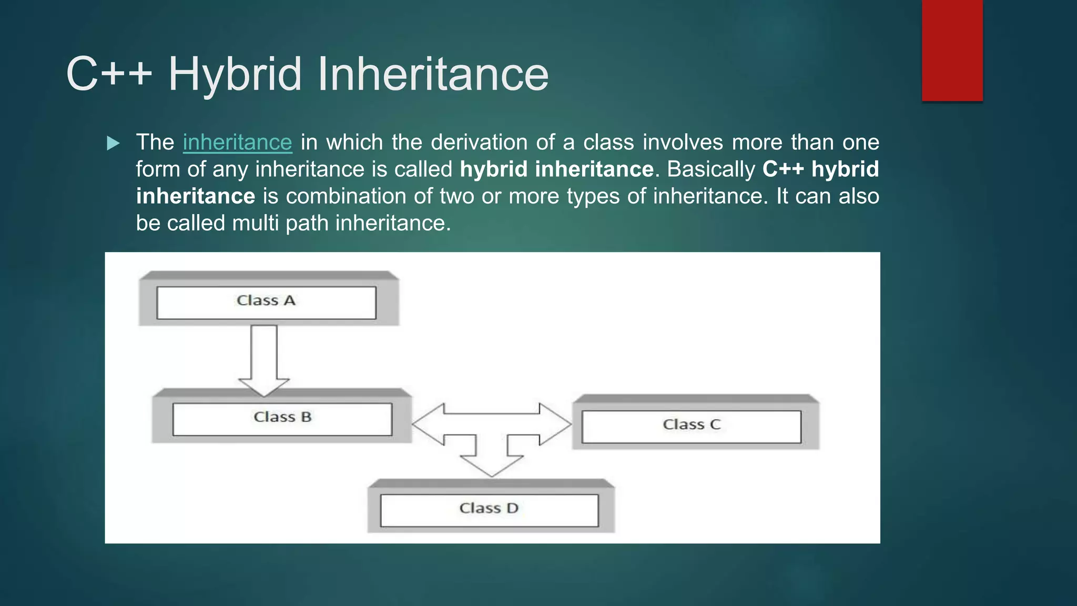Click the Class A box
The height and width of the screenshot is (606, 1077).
[x=267, y=302]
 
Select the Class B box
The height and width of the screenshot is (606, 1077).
[x=282, y=419]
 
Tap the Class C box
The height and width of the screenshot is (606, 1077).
[x=692, y=426]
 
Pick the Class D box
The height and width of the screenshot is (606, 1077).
[x=489, y=510]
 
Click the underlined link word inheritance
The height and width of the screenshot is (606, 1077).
[x=237, y=143]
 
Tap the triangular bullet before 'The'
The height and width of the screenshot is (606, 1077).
[x=113, y=143]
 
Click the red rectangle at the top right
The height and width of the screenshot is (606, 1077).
[x=952, y=50]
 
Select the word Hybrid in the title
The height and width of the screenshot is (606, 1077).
[x=235, y=74]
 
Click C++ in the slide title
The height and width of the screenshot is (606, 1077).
[x=109, y=74]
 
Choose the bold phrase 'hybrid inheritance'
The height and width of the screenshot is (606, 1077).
[x=556, y=169]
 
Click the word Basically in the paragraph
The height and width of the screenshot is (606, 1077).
[x=711, y=169]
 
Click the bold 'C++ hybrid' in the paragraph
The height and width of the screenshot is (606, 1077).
[x=820, y=169]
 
